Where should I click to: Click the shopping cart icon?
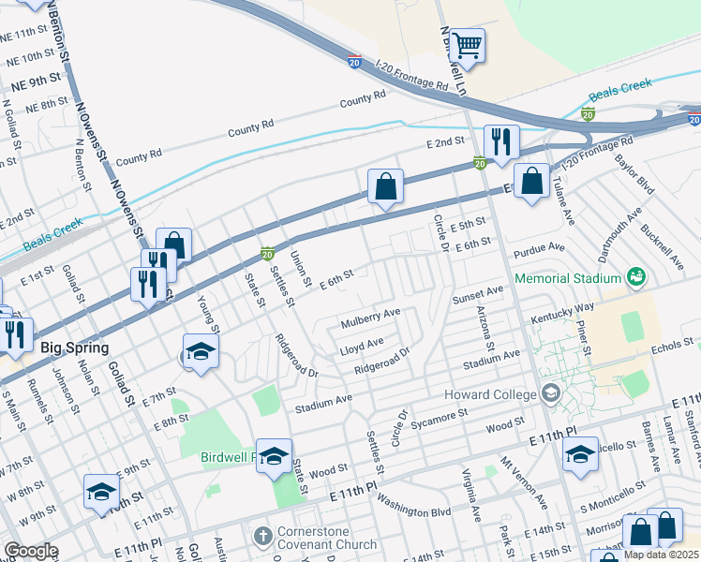pyautogui.click(x=466, y=45)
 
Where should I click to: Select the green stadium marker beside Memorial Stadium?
pyautogui.click(x=636, y=277)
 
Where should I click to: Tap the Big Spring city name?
pyautogui.click(x=73, y=348)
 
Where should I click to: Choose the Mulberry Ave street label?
pyautogui.click(x=370, y=312)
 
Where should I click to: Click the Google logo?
pyautogui.click(x=31, y=551)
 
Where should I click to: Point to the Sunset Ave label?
pyautogui.click(x=478, y=296)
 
